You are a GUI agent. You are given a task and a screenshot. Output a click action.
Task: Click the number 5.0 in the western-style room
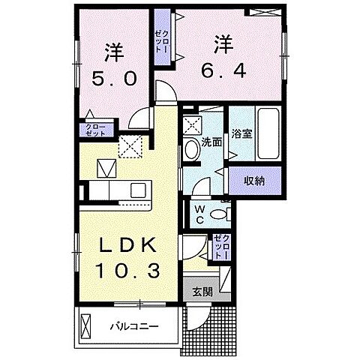pyautogui.click(x=115, y=79)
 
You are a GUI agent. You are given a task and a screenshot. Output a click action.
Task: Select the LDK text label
pyautogui.click(x=125, y=246)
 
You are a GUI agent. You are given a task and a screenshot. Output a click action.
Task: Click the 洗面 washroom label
pyautogui.click(x=211, y=141)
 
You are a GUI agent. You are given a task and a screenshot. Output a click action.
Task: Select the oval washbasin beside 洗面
pyautogui.click(x=190, y=148)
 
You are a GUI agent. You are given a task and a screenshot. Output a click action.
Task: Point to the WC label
pyautogui.click(x=201, y=214)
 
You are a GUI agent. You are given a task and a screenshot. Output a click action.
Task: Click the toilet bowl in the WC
pyautogui.click(x=220, y=215)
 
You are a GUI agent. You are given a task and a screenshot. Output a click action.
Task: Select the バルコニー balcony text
pyautogui.click(x=132, y=327)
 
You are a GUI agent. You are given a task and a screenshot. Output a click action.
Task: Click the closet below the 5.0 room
pyautogui.click(x=97, y=129)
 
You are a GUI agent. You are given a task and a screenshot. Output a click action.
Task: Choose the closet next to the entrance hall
pyautogui.click(x=221, y=247)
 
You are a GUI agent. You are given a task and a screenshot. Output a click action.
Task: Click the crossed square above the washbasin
pyautogui.click(x=191, y=125)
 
